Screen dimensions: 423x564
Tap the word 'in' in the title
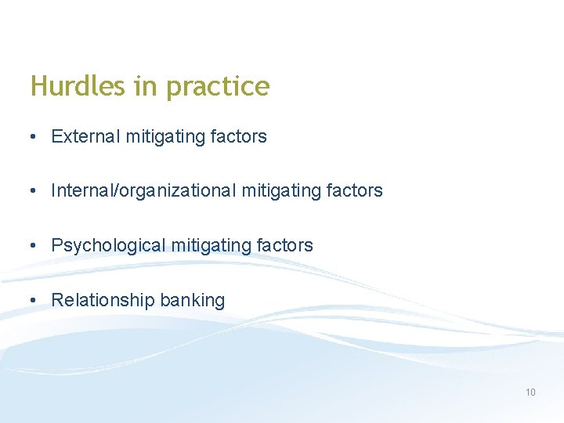coord(146,86)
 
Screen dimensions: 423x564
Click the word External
coord(83,136)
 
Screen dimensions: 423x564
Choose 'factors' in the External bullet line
coord(239,136)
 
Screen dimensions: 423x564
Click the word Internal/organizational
coord(144,190)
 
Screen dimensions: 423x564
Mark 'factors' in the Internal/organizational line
coord(355,190)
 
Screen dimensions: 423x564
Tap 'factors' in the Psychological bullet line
coord(284,245)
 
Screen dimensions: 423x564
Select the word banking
coord(193,301)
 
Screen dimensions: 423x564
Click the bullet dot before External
coord(32,137)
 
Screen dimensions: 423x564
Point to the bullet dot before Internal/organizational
coord(32,191)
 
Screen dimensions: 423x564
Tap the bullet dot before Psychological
coord(32,246)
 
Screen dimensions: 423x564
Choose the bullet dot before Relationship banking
coord(32,301)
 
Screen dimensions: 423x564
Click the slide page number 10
coord(530,392)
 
